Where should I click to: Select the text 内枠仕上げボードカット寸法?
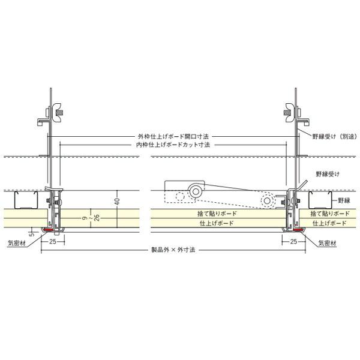[173, 145]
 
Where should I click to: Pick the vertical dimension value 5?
[34, 232]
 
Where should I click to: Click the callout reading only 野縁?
[343, 200]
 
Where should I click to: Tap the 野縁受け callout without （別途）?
[328, 173]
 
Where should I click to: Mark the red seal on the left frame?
[47, 229]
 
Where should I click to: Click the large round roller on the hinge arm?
[196, 191]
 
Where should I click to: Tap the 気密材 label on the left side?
[16, 244]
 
